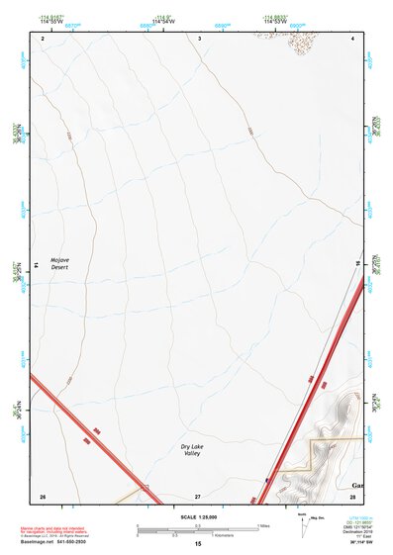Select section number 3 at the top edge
(200, 38)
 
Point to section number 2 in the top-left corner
(43, 38)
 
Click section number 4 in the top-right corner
(353, 38)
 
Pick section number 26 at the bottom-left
(42, 495)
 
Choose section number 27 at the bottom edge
(198, 495)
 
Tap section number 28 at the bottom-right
(352, 495)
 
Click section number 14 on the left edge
(36, 265)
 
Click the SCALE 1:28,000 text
(198, 517)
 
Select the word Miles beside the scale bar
(263, 525)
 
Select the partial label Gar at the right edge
(356, 486)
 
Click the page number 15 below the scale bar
(198, 545)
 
